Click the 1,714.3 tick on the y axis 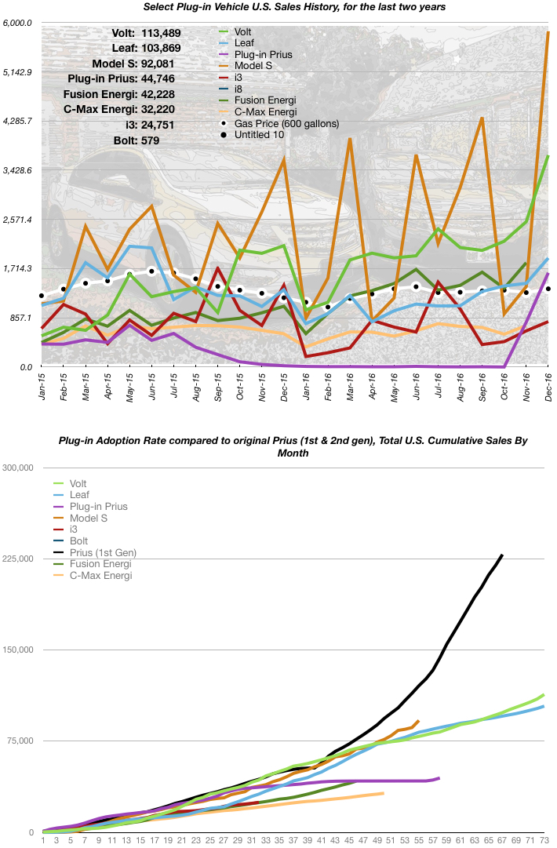(x=16, y=268)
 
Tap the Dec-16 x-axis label (x=547, y=388)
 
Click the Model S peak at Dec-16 (x=548, y=32)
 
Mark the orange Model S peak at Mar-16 (x=350, y=139)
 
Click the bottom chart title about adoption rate (x=293, y=447)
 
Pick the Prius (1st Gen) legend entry (x=102, y=553)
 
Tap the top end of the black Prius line (x=502, y=555)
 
